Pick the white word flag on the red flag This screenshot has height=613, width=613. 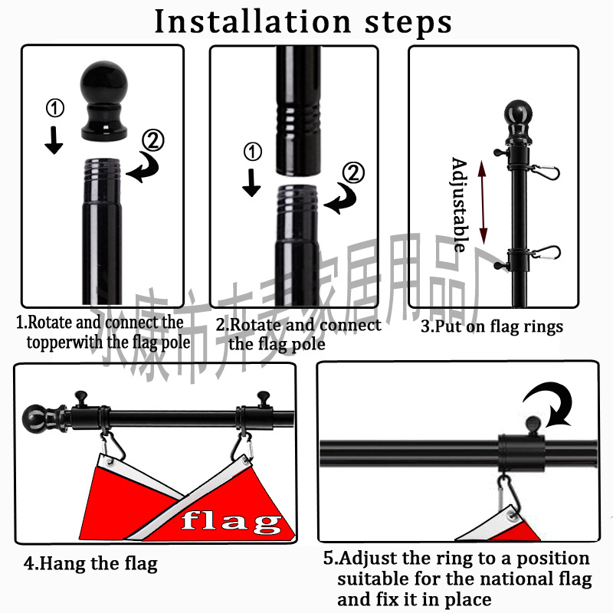231,522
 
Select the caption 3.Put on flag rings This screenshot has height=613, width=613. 492,326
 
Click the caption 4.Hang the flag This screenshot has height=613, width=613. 90,564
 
